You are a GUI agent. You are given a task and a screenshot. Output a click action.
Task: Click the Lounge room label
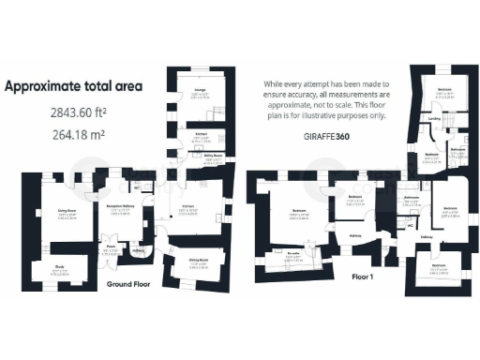(x=201, y=89)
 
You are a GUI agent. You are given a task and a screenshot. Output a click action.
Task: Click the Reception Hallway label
(x=123, y=203)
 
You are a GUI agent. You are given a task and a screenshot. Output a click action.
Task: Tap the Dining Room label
(x=199, y=259)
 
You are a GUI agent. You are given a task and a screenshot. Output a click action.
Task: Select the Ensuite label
(x=292, y=253)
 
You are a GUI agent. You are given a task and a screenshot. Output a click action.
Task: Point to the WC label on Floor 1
(x=411, y=225)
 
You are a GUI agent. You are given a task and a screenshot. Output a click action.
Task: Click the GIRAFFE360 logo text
(x=324, y=136)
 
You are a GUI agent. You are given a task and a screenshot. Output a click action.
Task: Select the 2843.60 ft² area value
(x=81, y=112)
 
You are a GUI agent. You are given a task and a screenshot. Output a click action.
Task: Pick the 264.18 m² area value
(x=79, y=133)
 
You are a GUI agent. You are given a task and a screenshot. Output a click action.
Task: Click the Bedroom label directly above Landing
(x=444, y=89)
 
